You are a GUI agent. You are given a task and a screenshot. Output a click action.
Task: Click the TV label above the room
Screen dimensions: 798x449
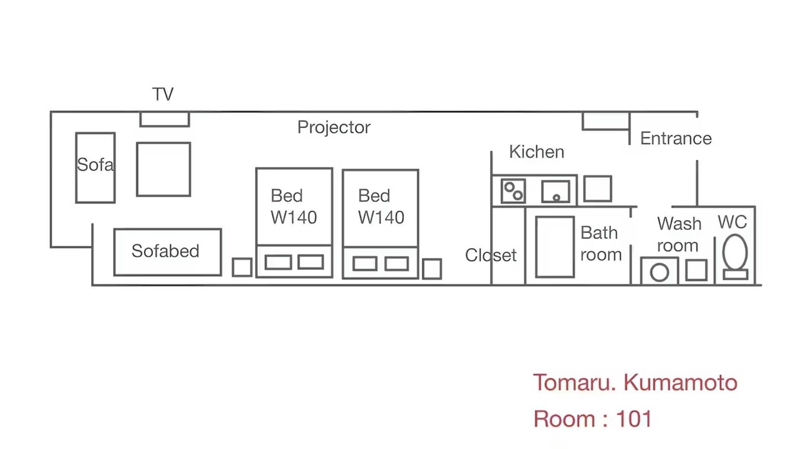click(x=163, y=94)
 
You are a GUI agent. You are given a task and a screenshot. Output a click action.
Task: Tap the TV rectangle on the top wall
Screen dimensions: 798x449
click(x=165, y=119)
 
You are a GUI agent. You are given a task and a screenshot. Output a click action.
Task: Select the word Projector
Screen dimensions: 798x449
click(x=334, y=128)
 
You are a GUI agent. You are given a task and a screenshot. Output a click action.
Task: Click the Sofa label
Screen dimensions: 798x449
click(x=95, y=165)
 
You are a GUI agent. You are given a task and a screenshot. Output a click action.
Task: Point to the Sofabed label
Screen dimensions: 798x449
click(x=165, y=251)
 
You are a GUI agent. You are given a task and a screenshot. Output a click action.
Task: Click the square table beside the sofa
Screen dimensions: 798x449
click(x=163, y=169)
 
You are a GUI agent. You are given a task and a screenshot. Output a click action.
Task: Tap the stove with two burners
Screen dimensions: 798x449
click(x=513, y=191)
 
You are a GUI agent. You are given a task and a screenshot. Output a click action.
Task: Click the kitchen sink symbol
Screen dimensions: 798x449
click(x=555, y=191)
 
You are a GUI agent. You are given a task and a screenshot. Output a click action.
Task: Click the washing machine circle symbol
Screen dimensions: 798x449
click(x=660, y=273)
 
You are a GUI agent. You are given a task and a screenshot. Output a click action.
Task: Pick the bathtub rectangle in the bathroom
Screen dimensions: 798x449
click(x=555, y=246)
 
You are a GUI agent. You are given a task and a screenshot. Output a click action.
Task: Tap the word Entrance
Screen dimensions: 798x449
click(x=676, y=138)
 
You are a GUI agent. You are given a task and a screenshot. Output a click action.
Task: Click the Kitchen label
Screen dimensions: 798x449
click(x=537, y=152)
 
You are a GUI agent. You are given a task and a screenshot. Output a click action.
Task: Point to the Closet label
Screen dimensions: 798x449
click(x=491, y=255)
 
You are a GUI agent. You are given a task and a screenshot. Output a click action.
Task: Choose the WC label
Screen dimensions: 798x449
click(x=732, y=222)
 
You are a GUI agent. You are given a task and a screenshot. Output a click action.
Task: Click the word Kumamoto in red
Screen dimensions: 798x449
click(x=680, y=383)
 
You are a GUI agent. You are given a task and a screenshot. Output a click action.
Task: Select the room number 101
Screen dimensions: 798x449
click(x=634, y=418)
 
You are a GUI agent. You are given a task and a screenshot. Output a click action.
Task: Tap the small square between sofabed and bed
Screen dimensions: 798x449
click(x=243, y=268)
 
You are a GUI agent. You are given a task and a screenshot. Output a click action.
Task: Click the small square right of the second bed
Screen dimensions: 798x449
click(x=432, y=269)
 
